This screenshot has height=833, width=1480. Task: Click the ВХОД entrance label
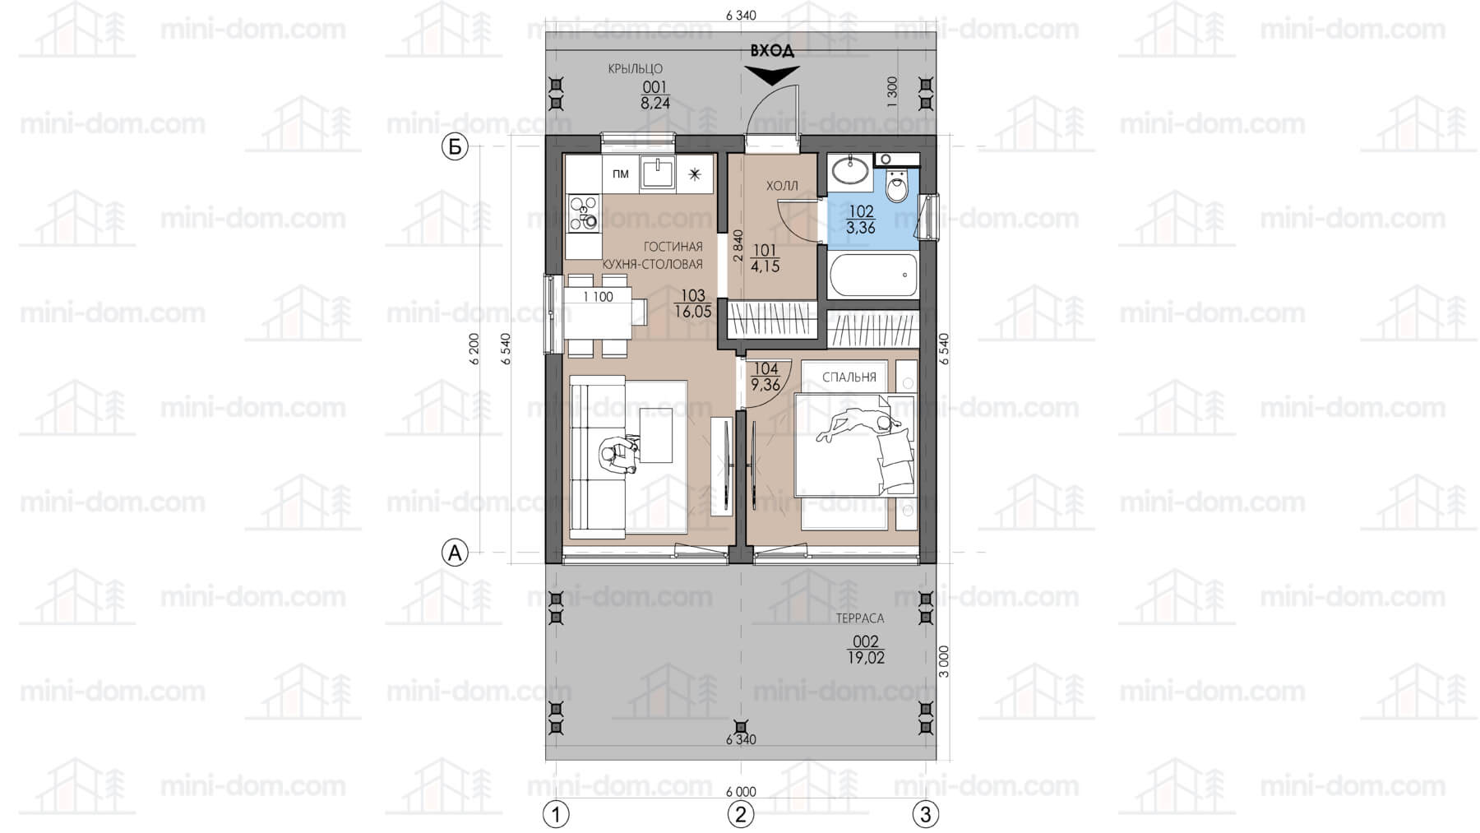(772, 51)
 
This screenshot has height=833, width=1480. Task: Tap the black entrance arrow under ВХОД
(772, 75)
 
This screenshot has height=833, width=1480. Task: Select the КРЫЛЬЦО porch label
(635, 69)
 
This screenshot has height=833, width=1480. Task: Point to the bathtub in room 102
(873, 275)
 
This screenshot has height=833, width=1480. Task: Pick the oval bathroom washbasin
(849, 172)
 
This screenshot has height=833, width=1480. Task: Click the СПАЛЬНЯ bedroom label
(849, 377)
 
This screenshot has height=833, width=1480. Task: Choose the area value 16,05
(693, 312)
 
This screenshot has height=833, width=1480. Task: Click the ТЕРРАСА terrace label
(860, 618)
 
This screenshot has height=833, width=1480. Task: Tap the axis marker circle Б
(455, 147)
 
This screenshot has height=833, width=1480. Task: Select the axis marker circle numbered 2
(740, 814)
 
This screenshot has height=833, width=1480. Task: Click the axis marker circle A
(455, 553)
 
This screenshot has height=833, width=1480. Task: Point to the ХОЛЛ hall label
(782, 186)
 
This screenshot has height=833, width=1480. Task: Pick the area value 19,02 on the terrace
(866, 657)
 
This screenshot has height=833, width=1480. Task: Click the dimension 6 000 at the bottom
(741, 792)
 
